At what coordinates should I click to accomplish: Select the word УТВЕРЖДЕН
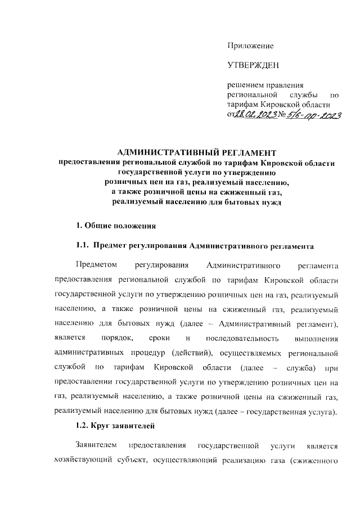253,66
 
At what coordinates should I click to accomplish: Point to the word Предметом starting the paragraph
96,265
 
